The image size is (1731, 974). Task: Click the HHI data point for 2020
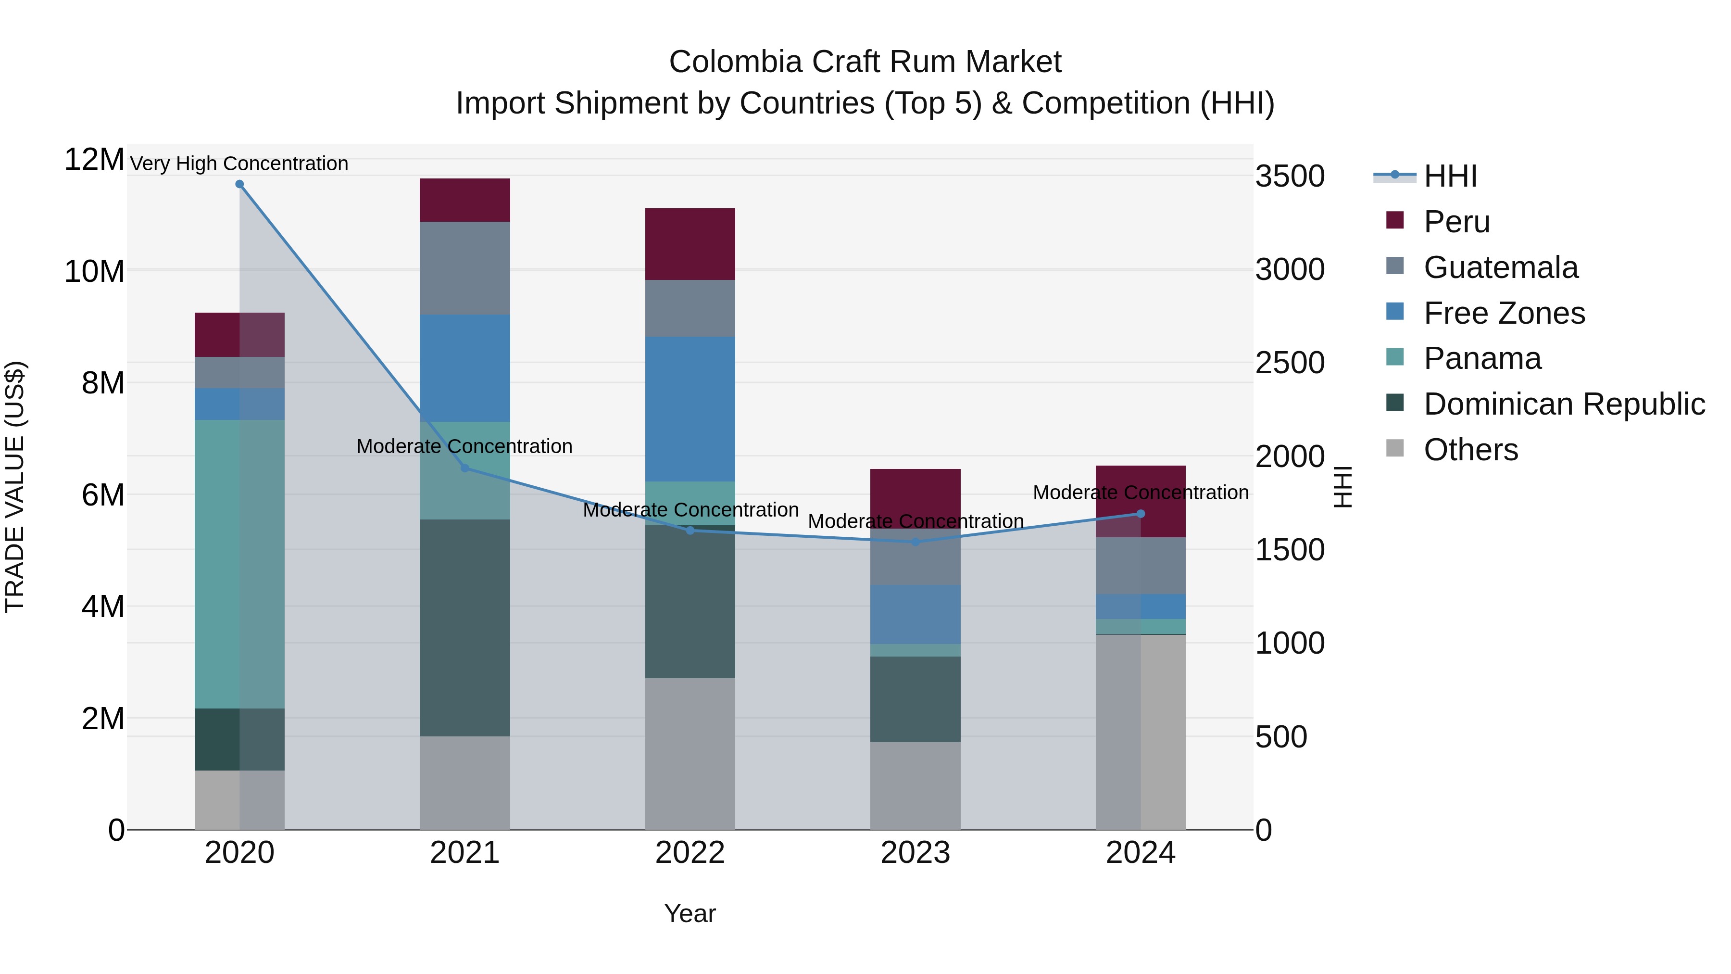tap(239, 184)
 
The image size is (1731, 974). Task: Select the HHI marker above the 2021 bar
tap(464, 468)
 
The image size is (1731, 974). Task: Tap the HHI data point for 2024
tap(1141, 514)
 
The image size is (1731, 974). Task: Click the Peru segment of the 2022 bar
tap(690, 244)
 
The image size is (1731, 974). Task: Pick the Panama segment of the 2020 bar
tap(239, 564)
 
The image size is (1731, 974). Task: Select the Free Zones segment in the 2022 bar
tap(690, 409)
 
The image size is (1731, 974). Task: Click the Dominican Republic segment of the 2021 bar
tap(464, 627)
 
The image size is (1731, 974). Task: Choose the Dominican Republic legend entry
tap(1564, 404)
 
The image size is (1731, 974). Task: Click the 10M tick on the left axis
tap(94, 272)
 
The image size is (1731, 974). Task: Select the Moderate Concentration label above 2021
tap(464, 446)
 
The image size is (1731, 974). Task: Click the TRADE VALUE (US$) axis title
tap(15, 487)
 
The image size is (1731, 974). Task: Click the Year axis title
tap(690, 913)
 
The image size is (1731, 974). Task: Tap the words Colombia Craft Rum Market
tap(865, 62)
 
